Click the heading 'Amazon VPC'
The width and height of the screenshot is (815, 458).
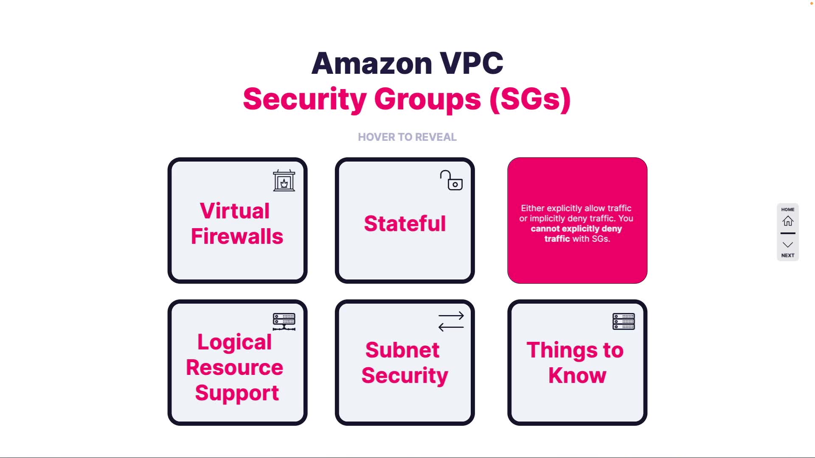(x=407, y=63)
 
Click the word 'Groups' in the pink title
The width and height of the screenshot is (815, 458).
(x=427, y=99)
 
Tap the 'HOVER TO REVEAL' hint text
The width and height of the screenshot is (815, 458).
(x=407, y=137)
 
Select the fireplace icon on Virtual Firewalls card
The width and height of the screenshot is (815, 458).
(x=284, y=181)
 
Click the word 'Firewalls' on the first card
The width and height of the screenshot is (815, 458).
(x=237, y=236)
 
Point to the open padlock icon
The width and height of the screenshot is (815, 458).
(x=451, y=181)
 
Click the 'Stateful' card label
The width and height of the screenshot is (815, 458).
(x=405, y=223)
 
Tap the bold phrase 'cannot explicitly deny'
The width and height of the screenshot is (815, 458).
(x=576, y=229)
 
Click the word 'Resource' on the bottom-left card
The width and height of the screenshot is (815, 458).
(x=235, y=367)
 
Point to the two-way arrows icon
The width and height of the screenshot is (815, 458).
(x=451, y=321)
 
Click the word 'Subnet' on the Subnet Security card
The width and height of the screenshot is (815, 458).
(x=402, y=350)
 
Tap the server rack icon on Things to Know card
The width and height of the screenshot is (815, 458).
(x=624, y=321)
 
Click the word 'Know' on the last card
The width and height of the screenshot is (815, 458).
(x=577, y=375)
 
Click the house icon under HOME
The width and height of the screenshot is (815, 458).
(x=788, y=221)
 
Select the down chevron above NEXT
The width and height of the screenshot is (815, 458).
(x=788, y=245)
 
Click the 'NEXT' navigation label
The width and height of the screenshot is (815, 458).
(x=788, y=255)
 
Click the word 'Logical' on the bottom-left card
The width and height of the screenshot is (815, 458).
(x=235, y=342)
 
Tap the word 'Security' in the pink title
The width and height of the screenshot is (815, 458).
(x=305, y=99)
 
